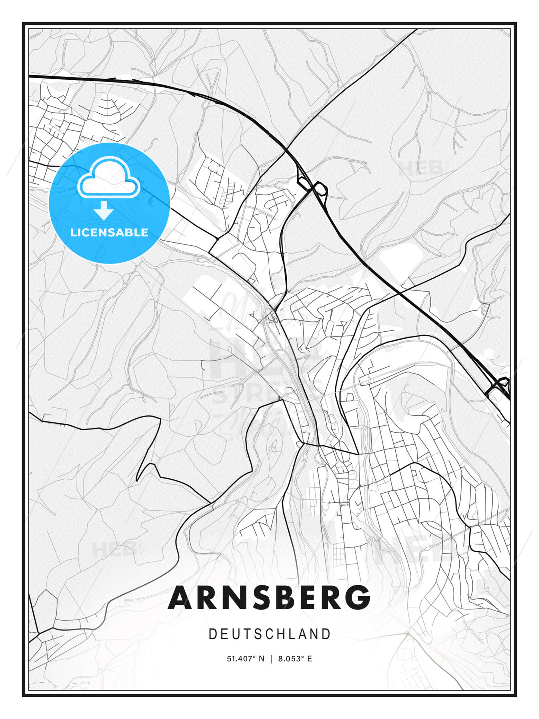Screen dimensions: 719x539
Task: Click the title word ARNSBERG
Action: point(269,598)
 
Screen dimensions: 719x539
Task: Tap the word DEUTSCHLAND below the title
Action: point(269,634)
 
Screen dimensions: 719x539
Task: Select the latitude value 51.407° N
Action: point(245,659)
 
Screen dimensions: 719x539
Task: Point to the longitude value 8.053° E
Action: point(295,659)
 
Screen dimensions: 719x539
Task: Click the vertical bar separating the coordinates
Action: point(271,659)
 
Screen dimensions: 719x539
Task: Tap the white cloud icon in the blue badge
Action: point(109,178)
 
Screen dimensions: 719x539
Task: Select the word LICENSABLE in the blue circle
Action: point(109,232)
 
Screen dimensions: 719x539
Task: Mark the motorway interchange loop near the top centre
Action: point(312,187)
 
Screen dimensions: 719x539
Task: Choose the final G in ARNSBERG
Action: point(357,598)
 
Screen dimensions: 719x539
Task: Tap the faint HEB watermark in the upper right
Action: point(421,168)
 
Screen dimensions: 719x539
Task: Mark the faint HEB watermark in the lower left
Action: point(114,550)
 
